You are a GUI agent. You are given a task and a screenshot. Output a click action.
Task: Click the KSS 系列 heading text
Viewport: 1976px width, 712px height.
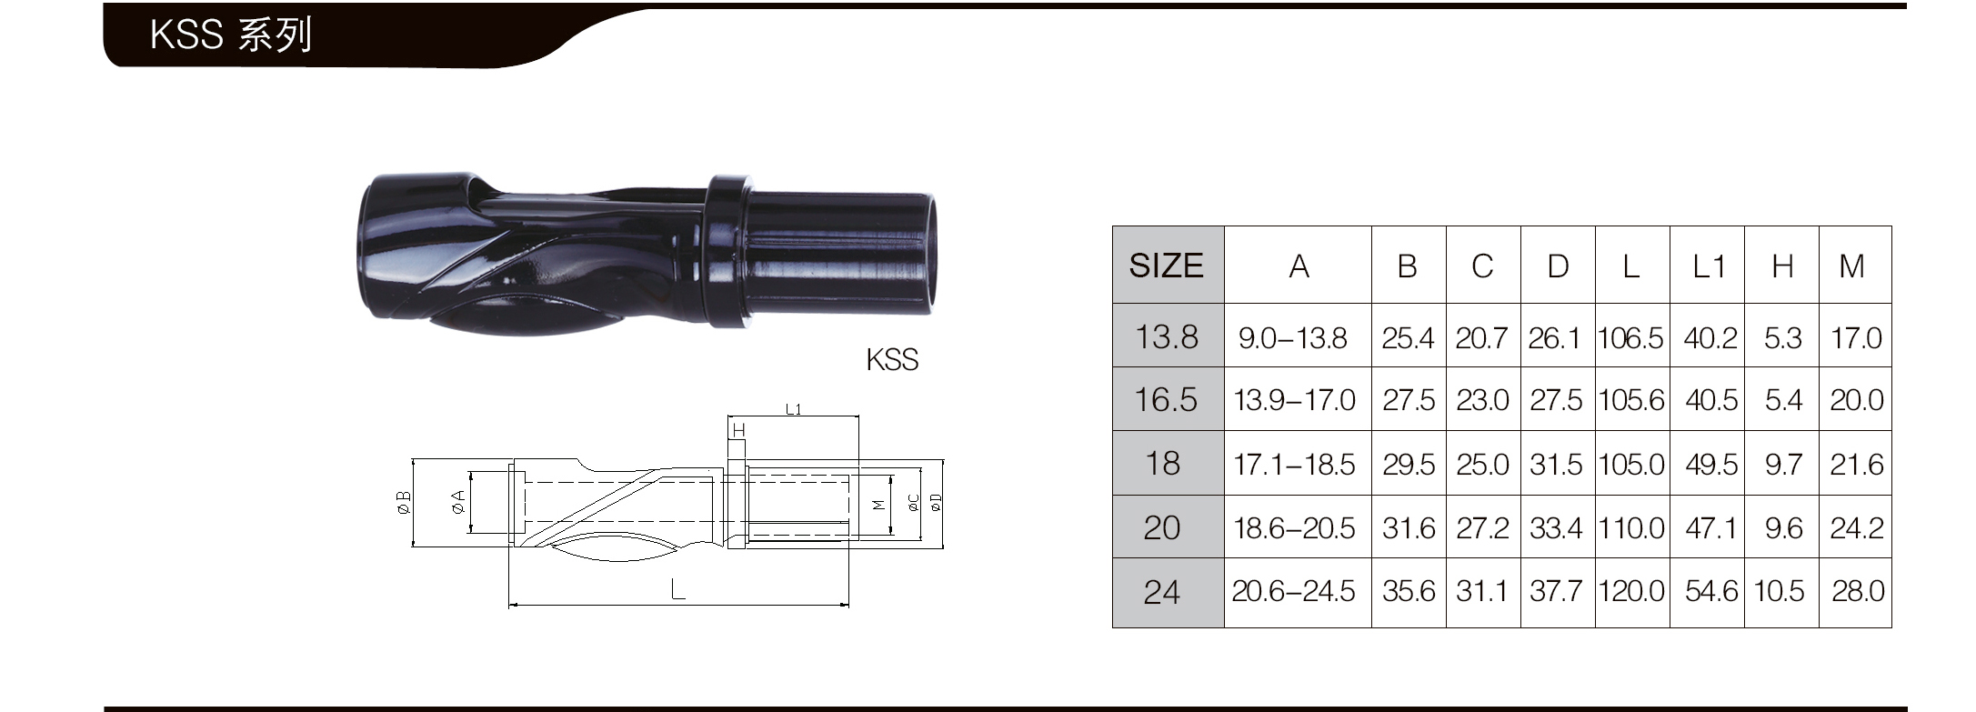point(231,35)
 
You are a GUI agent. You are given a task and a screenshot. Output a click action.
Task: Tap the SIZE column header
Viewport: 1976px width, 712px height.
point(1167,266)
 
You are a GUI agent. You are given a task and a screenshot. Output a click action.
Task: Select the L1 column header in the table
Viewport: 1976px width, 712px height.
point(1708,266)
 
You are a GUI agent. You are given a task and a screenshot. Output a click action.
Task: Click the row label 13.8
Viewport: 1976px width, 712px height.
point(1167,337)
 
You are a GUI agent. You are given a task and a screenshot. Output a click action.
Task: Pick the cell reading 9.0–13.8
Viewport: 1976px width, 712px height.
point(1293,338)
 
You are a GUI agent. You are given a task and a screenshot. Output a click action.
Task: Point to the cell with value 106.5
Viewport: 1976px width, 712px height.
point(1631,338)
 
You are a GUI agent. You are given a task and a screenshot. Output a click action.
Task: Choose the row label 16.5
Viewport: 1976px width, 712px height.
point(1167,400)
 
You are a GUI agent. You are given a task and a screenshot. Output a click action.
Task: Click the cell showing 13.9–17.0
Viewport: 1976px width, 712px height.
point(1294,400)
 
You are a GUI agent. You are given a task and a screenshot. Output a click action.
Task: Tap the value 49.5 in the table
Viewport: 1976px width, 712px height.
point(1711,465)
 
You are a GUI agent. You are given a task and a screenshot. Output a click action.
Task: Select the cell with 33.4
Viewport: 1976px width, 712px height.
point(1556,528)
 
